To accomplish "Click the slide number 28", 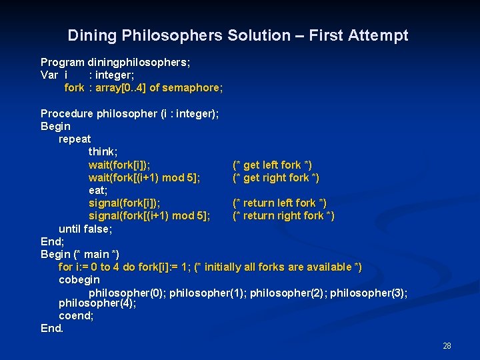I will pos(447,345).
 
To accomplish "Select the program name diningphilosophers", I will pos(139,62).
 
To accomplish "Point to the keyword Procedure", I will pos(67,113).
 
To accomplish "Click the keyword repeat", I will pos(75,139).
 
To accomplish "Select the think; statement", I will pos(103,152).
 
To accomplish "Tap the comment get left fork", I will pos(272,165).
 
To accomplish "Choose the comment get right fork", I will pos(275,177).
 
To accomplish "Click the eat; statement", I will pos(98,190).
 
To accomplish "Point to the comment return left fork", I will pos(279,203).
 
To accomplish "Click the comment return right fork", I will pos(283,215).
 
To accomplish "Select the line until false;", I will pos(85,229).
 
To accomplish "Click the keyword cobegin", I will pos(79,280).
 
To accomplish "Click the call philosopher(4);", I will pos(97,303).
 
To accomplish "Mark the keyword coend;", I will pos(76,316).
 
